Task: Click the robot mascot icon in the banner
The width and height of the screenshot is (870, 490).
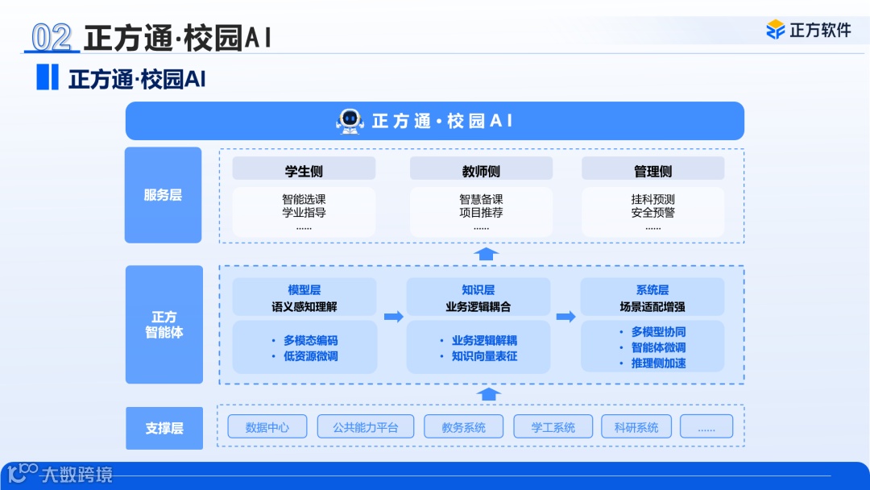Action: [349, 121]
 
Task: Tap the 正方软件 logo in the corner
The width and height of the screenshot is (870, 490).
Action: [808, 30]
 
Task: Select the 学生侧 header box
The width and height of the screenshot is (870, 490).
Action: [304, 169]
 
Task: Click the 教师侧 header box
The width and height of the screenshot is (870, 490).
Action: [481, 169]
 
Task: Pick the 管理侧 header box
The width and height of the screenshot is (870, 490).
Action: [652, 169]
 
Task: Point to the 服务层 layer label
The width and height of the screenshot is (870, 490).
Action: [163, 195]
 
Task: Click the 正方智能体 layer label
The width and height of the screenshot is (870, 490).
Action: [164, 325]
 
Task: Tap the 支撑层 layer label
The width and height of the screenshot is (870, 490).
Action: [164, 428]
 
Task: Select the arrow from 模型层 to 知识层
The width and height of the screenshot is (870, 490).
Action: [393, 317]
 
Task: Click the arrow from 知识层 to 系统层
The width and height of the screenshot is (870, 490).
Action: [565, 317]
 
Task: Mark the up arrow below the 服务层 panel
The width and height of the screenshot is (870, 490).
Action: [486, 254]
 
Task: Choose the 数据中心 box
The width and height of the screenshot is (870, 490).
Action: [267, 427]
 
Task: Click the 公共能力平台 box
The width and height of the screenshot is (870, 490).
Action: [366, 427]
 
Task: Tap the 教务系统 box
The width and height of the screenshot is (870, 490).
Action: [463, 427]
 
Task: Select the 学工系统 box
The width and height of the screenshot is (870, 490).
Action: [553, 427]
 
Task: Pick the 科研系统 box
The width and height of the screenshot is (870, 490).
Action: [636, 427]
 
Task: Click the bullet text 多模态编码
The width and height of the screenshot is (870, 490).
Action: [310, 340]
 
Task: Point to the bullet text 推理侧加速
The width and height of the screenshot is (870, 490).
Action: [658, 363]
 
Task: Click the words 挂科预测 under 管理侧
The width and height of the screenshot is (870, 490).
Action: [652, 199]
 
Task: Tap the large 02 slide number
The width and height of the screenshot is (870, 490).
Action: [52, 37]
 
